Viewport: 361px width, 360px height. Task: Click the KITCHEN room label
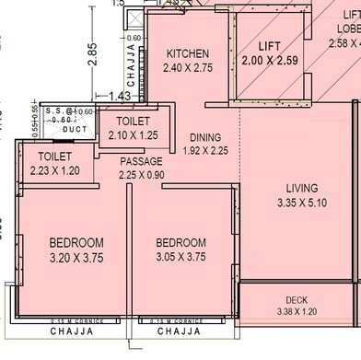tap(187, 53)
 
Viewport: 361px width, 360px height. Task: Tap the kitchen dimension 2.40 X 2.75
tap(187, 67)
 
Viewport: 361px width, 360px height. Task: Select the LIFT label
tap(269, 46)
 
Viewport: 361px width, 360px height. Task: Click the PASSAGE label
tap(141, 162)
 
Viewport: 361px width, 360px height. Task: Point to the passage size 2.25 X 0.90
tap(141, 175)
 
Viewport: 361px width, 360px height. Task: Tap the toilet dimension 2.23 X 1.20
tap(54, 170)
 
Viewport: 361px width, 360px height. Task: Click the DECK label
tap(296, 300)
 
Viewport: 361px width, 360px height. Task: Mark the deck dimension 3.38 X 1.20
tap(296, 312)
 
